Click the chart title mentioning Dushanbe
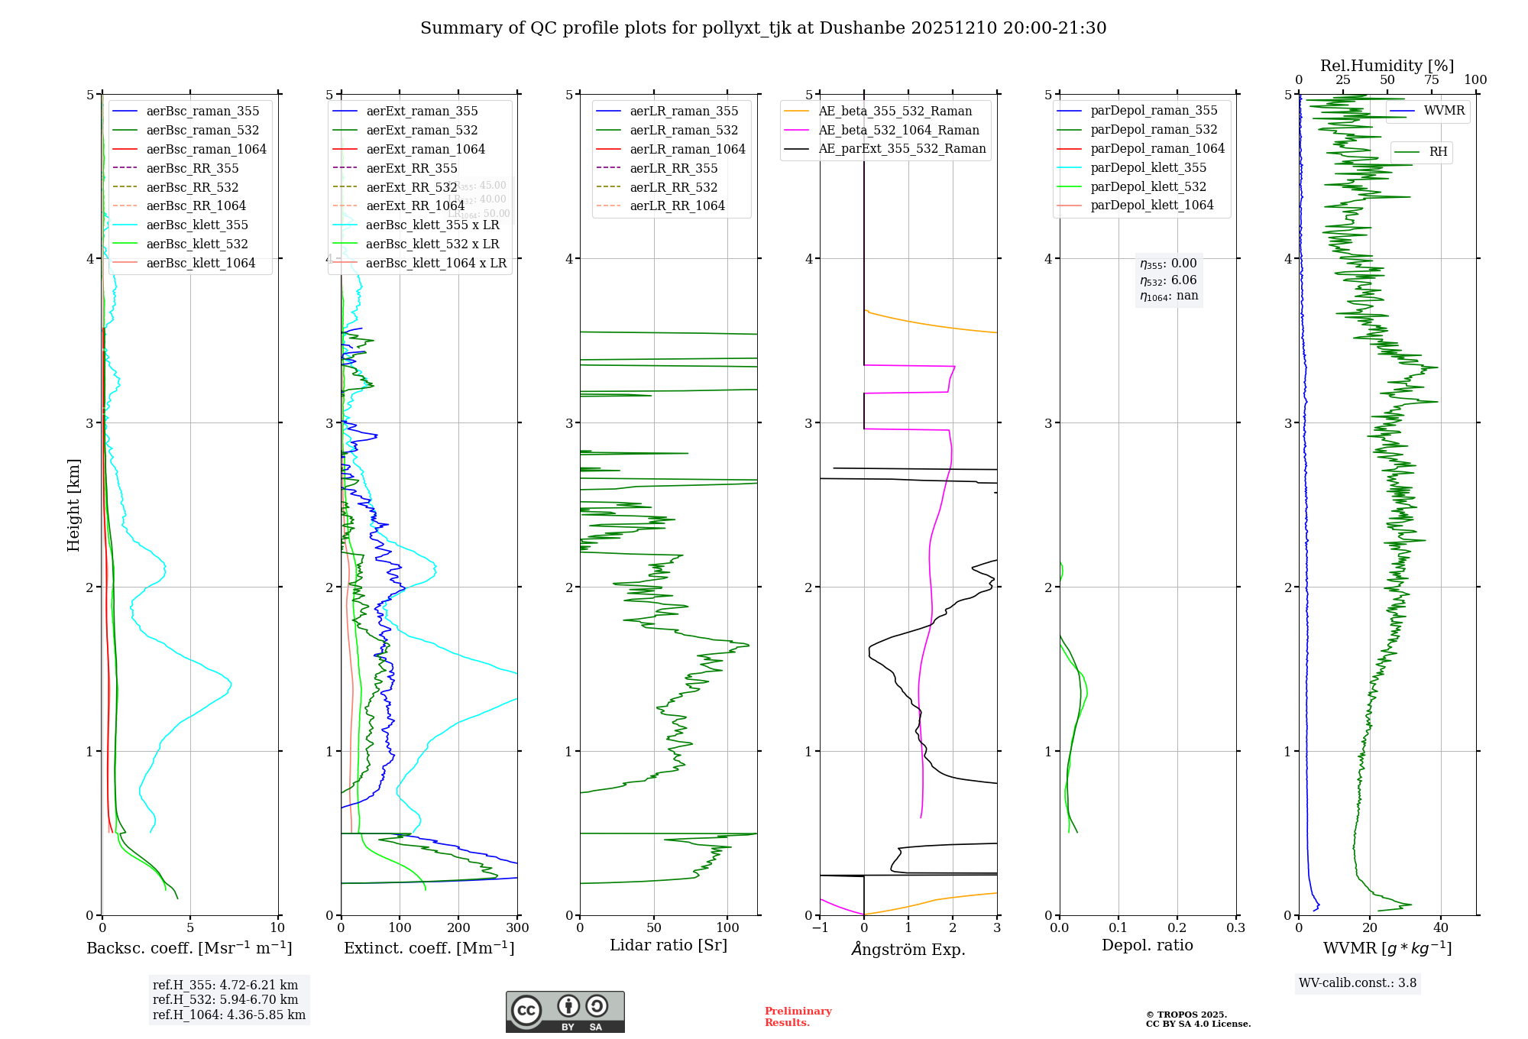[x=763, y=28]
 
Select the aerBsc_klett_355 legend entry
[x=197, y=225]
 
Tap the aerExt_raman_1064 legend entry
[x=426, y=149]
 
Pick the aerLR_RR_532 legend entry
[x=673, y=187]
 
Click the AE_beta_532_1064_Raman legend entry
[x=898, y=130]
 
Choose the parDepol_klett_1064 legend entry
[x=1151, y=205]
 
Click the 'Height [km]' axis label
[x=73, y=504]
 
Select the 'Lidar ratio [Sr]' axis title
[x=668, y=945]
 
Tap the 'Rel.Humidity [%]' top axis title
[x=1387, y=66]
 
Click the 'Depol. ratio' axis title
[x=1147, y=945]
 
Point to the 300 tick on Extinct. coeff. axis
[x=517, y=927]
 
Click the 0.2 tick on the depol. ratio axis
[x=1177, y=927]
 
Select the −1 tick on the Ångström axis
[x=820, y=927]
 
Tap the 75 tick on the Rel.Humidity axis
[x=1431, y=79]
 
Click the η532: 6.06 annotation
[x=1168, y=280]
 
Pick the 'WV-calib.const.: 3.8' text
[x=1358, y=983]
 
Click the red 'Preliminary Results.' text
[x=798, y=1017]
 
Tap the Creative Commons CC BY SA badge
[x=565, y=1011]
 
